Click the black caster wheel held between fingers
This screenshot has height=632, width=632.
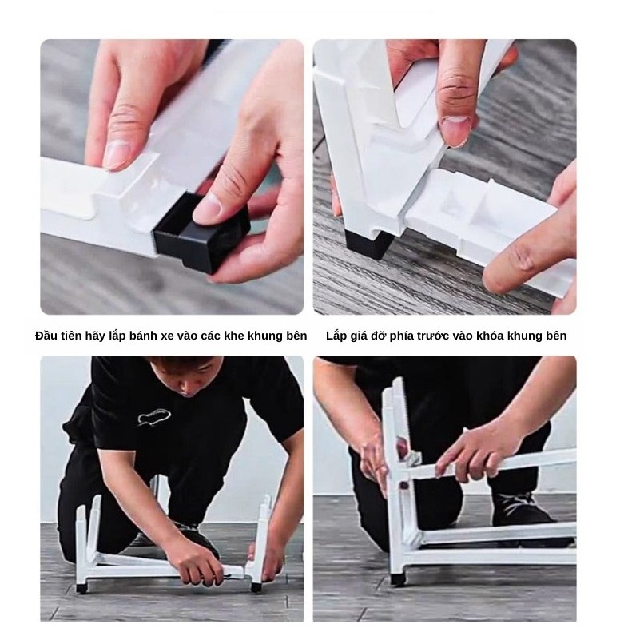201,235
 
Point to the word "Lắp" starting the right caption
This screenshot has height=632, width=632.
337,336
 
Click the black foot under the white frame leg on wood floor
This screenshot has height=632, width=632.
369,244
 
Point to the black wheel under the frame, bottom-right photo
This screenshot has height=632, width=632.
398,580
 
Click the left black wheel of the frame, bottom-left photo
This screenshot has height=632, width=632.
81,588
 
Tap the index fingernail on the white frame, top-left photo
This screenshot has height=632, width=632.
116,154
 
